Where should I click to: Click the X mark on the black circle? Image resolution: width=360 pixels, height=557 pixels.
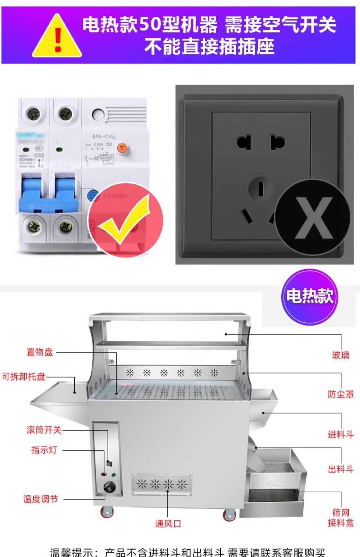tap(313, 218)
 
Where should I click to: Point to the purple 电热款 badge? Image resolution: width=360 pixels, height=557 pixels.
tap(309, 296)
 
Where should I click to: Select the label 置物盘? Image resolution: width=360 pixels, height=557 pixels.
tap(40, 352)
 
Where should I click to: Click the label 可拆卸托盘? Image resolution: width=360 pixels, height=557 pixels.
tap(24, 377)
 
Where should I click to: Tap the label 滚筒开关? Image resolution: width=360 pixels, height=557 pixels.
tap(44, 430)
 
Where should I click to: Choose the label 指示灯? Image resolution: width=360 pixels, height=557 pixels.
tap(44, 450)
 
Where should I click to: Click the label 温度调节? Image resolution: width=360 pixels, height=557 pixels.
tap(41, 499)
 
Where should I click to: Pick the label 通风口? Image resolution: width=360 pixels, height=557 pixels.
tap(168, 524)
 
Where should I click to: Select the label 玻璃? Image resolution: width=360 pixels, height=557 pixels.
tap(341, 355)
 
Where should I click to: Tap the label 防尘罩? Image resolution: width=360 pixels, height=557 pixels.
tap(341, 394)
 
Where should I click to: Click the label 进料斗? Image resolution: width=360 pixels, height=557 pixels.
tap(341, 434)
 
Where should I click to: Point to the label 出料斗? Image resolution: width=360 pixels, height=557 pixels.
tap(341, 469)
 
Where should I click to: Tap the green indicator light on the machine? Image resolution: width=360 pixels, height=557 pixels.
tap(114, 475)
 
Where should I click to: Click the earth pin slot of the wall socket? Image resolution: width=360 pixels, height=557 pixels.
tap(260, 188)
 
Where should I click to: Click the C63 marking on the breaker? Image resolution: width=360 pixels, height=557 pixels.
tap(39, 155)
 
